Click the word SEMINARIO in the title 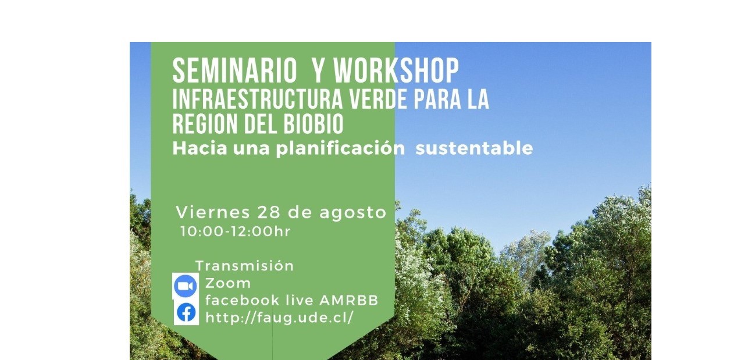[x=234, y=71]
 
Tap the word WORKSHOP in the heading [x=396, y=71]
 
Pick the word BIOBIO [x=313, y=124]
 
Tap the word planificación [x=340, y=149]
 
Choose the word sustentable [x=474, y=148]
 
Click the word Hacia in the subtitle [x=200, y=148]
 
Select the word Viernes [x=213, y=212]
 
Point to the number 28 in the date [x=269, y=212]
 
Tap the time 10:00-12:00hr [x=236, y=231]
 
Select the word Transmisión [x=245, y=266]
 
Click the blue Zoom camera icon [x=185, y=286]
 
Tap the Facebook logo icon [x=186, y=312]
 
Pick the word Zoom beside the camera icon [x=228, y=283]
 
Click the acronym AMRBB [x=349, y=300]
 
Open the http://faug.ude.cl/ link [x=280, y=318]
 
